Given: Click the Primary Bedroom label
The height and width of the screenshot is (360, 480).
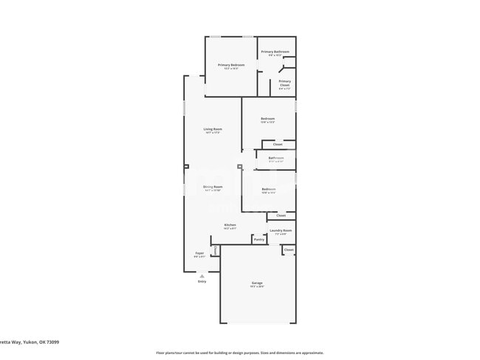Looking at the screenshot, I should click(231, 65).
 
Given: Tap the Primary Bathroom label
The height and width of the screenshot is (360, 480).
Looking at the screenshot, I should click(275, 52).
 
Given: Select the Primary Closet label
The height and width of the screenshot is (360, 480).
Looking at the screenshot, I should click(284, 82).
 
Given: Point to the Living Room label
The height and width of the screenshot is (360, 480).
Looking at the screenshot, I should click(213, 129).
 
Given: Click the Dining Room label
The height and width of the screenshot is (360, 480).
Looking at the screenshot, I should click(213, 187).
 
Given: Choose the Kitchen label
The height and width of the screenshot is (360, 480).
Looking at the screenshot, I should click(230, 225).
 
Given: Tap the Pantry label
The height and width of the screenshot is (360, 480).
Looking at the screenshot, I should click(258, 239).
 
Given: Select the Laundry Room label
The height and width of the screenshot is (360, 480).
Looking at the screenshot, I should click(281, 230).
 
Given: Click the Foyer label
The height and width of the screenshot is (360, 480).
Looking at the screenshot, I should click(199, 253).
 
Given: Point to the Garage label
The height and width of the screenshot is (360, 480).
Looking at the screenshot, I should click(257, 283).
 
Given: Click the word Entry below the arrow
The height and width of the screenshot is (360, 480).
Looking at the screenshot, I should click(202, 281).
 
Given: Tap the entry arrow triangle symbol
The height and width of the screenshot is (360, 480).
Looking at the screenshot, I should click(202, 275).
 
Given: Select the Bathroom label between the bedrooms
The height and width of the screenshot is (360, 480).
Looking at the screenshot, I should click(276, 158).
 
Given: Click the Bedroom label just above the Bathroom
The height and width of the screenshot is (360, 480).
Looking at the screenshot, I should click(267, 119).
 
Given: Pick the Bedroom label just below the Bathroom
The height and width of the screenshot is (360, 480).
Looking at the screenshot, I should click(268, 189).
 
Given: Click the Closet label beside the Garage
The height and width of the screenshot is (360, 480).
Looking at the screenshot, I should click(289, 249).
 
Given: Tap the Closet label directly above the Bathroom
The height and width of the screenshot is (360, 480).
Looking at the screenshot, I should click(278, 144).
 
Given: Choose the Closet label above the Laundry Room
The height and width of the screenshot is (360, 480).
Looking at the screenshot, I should click(281, 215).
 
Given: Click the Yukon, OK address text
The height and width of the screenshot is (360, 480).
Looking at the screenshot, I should click(30, 342).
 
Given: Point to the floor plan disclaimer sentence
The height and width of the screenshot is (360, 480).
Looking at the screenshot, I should click(240, 353).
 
